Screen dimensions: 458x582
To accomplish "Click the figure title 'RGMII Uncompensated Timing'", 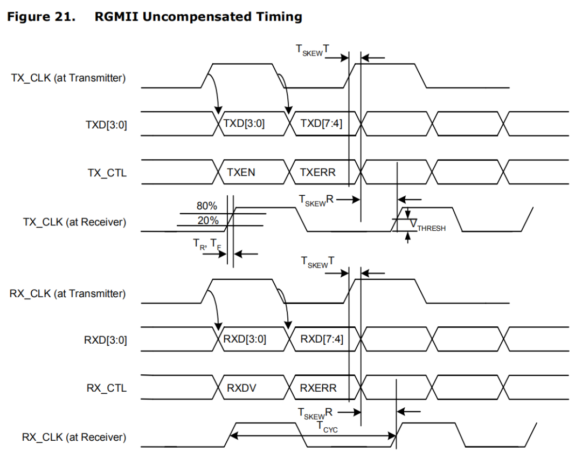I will click(x=198, y=17).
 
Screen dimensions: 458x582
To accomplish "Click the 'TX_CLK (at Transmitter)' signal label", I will click(x=68, y=78).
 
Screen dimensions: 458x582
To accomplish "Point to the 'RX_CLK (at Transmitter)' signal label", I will click(x=68, y=293).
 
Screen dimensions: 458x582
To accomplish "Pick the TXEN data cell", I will click(x=241, y=173).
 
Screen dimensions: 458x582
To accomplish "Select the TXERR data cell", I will click(x=318, y=173).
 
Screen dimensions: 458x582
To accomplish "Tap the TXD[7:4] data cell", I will click(x=321, y=124).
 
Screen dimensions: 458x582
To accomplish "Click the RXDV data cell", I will click(x=241, y=388).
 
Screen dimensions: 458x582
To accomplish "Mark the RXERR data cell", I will click(x=318, y=388).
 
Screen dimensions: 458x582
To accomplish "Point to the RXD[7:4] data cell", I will click(x=321, y=339).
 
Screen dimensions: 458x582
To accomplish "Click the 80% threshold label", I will click(x=207, y=206).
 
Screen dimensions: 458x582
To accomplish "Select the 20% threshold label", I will click(x=207, y=220).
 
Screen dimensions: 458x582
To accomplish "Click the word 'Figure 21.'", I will click(x=41, y=17).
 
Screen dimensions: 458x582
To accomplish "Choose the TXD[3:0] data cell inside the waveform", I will click(x=244, y=124).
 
